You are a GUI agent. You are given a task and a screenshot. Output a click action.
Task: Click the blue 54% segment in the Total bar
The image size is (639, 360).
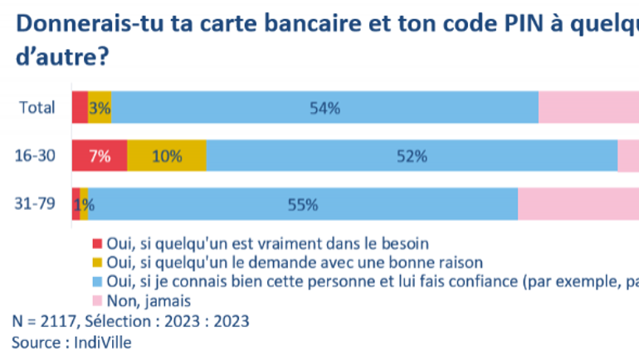324,107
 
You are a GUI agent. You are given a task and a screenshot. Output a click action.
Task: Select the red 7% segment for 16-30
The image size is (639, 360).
99,156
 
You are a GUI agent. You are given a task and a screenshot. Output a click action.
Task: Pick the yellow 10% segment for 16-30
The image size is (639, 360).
167,156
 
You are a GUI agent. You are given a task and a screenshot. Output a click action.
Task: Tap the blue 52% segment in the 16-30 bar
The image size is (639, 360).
412,156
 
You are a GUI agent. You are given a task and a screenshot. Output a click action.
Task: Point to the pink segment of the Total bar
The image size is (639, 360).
588,107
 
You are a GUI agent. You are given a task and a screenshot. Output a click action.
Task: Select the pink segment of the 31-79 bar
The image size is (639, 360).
578,204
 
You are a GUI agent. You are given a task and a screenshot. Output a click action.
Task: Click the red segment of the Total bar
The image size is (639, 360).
80,107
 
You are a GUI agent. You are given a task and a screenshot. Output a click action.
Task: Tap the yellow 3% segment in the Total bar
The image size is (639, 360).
100,107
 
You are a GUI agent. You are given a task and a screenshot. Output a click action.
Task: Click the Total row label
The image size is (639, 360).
37,107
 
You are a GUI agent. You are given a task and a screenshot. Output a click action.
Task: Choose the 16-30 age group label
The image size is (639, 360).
36,156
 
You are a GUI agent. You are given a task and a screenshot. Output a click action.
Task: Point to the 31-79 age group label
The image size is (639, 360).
36,204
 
